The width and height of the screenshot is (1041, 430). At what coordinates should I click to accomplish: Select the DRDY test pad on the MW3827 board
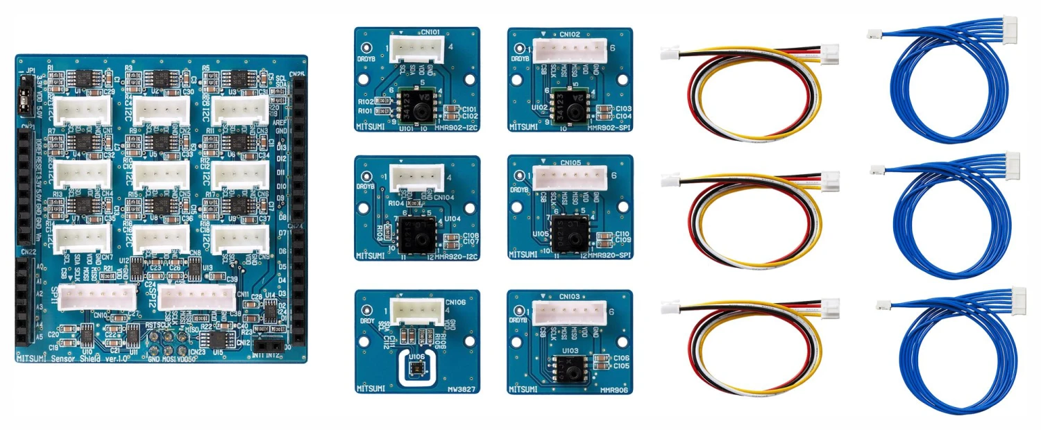point(368,311)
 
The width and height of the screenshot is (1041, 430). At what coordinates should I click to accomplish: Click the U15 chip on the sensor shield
point(219,339)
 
